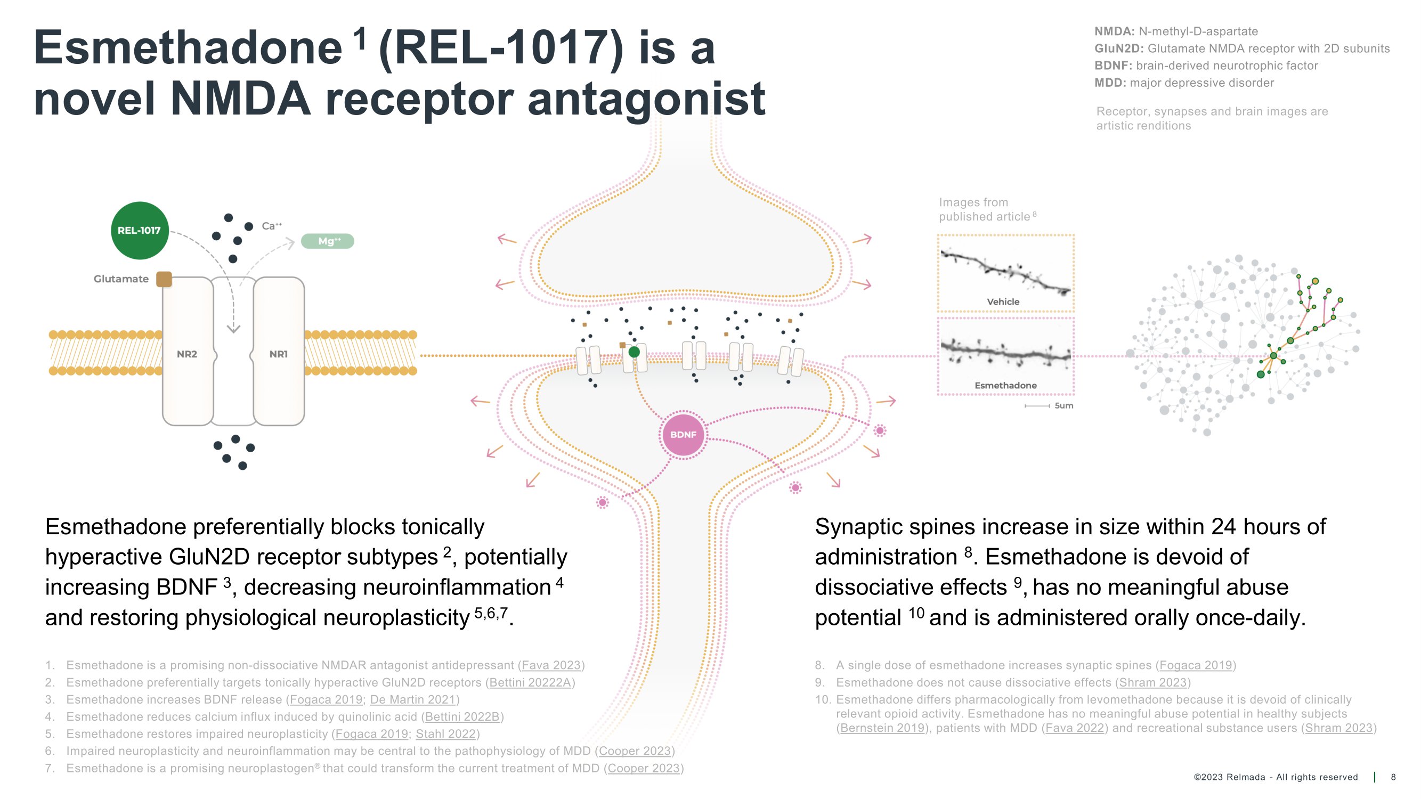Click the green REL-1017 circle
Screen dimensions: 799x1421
(139, 231)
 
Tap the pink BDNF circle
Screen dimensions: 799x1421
(683, 435)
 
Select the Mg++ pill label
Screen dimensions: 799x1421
(328, 241)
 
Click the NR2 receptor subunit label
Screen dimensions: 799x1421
(187, 354)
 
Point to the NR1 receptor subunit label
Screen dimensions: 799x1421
(279, 354)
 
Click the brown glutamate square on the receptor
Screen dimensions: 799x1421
(164, 279)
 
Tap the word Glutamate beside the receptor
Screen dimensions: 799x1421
(121, 279)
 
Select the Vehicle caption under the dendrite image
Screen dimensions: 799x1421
(1003, 301)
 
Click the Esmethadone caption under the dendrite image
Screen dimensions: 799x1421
(1005, 386)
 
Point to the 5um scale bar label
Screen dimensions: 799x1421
(1063, 406)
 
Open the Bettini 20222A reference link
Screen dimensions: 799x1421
(530, 682)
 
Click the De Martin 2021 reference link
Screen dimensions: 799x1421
(412, 699)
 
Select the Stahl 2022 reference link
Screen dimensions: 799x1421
(446, 733)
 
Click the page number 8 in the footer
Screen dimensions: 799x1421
(1393, 777)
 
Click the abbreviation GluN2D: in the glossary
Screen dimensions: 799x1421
(1119, 48)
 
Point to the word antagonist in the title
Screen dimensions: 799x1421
(646, 99)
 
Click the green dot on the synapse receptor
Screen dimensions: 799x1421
(635, 352)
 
